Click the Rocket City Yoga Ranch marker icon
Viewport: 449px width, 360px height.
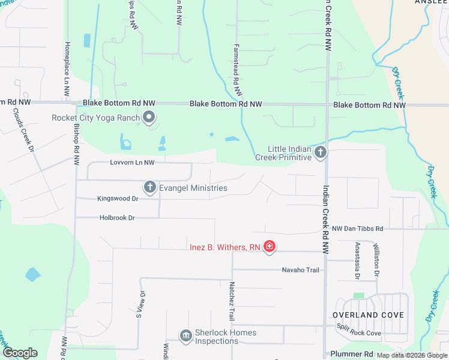(149, 118)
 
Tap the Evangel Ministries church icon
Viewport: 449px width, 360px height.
(150, 188)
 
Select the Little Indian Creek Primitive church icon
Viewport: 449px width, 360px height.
(321, 152)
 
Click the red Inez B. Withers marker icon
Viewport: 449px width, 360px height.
(270, 246)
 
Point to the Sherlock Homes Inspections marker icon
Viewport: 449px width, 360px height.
(185, 335)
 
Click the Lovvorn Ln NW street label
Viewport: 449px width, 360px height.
(132, 163)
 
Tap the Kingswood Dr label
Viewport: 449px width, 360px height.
(118, 198)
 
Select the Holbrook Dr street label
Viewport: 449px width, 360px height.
(117, 218)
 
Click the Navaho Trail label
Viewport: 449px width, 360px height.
(301, 270)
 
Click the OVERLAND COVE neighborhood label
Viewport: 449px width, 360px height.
(369, 315)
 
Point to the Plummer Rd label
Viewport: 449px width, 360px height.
(352, 354)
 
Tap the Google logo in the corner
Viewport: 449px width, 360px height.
(19, 353)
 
